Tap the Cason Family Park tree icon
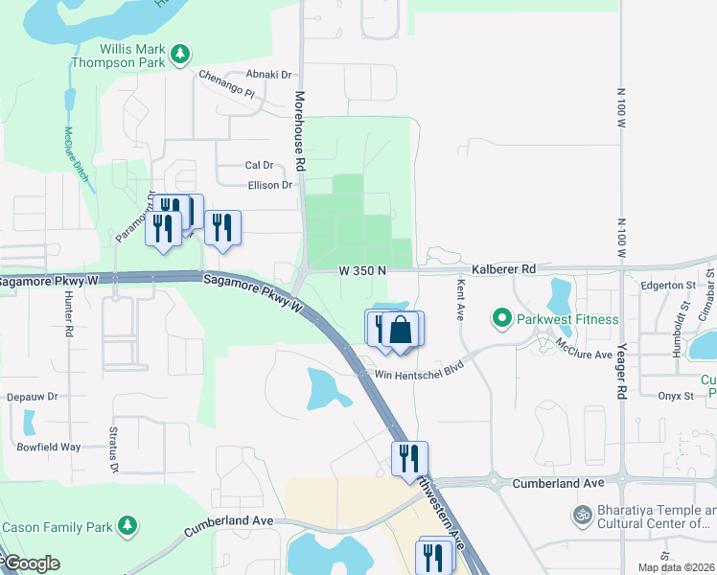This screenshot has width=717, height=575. coord(127,526)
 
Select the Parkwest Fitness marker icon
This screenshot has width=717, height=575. coord(499,317)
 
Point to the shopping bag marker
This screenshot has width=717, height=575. coord(403,331)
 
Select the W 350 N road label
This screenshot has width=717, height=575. coord(362,271)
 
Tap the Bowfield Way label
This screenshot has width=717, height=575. coord(48,447)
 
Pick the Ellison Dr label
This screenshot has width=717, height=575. coord(269,185)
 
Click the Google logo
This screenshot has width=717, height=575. coord(32,563)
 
